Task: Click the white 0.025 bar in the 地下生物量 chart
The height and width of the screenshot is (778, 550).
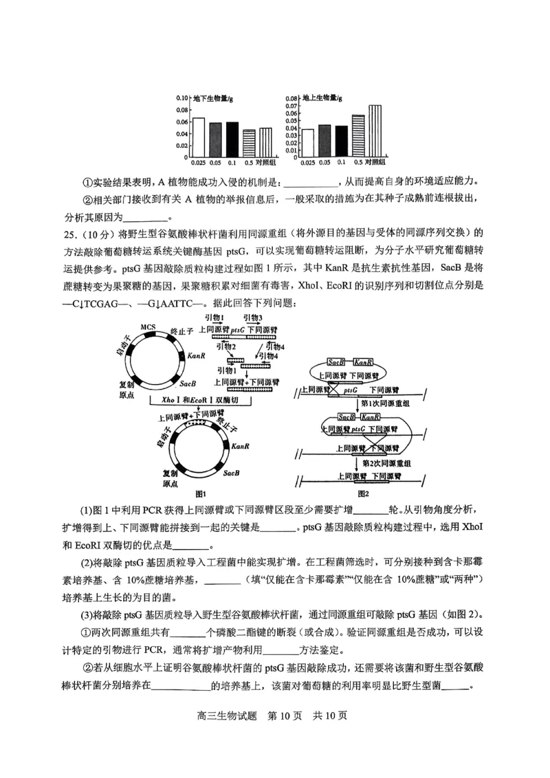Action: pyautogui.click(x=198, y=137)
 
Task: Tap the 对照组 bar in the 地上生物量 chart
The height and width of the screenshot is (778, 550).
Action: pyautogui.click(x=374, y=131)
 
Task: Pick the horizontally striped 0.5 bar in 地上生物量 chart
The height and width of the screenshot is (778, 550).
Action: pyautogui.click(x=358, y=135)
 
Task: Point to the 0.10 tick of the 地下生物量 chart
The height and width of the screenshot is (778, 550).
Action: pyautogui.click(x=181, y=98)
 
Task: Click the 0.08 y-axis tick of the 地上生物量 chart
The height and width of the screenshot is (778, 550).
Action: pyautogui.click(x=291, y=98)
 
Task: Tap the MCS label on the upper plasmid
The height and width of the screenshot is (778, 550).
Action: pyautogui.click(x=148, y=326)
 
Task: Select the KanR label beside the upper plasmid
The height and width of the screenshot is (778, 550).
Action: pyautogui.click(x=197, y=356)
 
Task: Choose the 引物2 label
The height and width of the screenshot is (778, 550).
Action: pyautogui.click(x=226, y=348)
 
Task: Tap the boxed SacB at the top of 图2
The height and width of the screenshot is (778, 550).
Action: pyautogui.click(x=336, y=362)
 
